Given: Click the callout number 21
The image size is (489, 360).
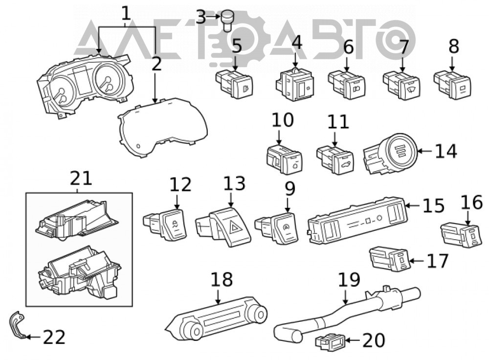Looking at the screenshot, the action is (81, 179).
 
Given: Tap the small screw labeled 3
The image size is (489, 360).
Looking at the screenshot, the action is (228, 20).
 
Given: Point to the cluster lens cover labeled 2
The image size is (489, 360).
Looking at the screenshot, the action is (163, 127).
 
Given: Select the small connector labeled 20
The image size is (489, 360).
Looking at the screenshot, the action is (330, 341).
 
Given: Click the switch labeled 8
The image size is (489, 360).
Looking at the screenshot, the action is (452, 84).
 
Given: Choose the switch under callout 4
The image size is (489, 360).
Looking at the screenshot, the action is (294, 84).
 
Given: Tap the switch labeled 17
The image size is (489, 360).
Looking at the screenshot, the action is (389, 259).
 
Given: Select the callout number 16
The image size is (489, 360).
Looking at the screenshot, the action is (472, 202).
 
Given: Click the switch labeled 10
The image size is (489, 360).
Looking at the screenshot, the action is (284, 160).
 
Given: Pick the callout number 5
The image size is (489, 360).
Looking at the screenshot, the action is (237, 45).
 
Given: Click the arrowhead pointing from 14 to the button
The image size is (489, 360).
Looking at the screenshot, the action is (420, 151).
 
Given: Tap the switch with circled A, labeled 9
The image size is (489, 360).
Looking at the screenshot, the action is (277, 227).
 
